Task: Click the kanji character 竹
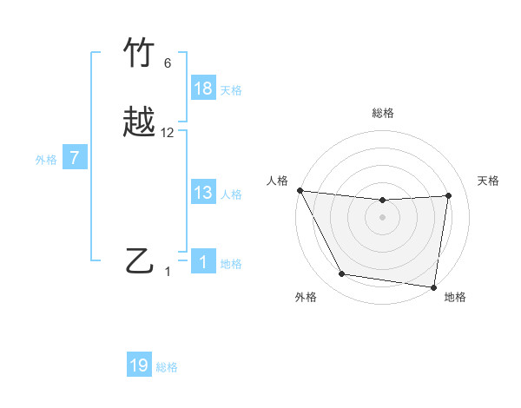[x=140, y=55]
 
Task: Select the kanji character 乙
[x=140, y=261]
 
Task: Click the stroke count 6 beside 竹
[x=168, y=63]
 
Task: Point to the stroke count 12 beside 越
[x=168, y=133]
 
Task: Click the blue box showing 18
[x=203, y=89]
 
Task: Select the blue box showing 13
[x=203, y=193]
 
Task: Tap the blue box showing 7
[x=76, y=158]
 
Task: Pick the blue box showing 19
[x=139, y=365]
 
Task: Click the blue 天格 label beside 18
[x=231, y=90]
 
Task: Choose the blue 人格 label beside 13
[x=231, y=194]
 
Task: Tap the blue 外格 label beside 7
[x=46, y=160]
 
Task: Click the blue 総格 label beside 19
[x=167, y=367]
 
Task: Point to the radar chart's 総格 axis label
[x=382, y=114]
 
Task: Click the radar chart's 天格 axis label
[x=489, y=181]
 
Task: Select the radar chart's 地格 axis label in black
[x=455, y=297]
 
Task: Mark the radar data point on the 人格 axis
[x=300, y=190]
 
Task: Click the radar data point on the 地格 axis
[x=433, y=286]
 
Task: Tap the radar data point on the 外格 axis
[x=342, y=274]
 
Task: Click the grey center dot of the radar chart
[x=382, y=218]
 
